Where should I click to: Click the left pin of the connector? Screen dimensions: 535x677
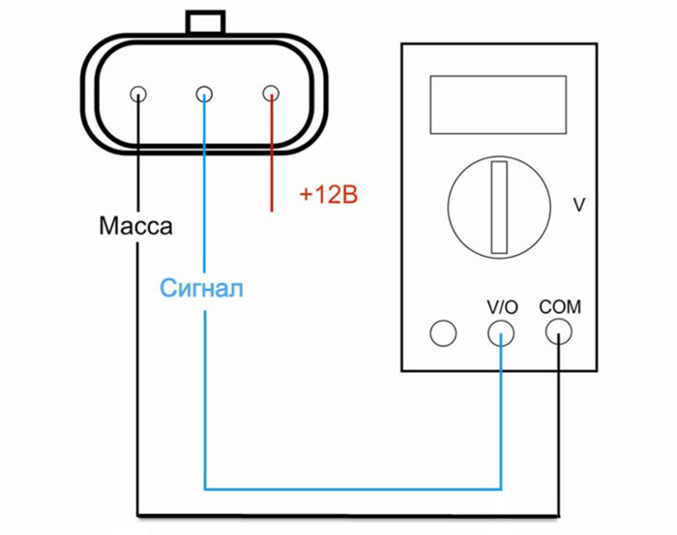pos(137,95)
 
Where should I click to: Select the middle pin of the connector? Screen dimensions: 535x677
pos(204,95)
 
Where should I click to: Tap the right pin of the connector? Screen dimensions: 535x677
pos(271,95)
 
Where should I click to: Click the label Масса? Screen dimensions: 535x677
pos(135,228)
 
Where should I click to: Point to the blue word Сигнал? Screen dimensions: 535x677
pos(202,287)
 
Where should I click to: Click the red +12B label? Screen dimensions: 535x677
pos(328,196)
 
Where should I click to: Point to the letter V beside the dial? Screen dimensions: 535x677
pos(579,205)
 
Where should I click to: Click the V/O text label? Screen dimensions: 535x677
pos(502,307)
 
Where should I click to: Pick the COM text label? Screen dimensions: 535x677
pos(560,307)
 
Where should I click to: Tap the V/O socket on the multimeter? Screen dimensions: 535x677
pos(501,334)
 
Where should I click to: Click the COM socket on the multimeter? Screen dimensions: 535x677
pos(559,334)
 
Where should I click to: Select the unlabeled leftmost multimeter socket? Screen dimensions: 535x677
pos(442,334)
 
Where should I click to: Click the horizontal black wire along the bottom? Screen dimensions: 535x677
pos(348,512)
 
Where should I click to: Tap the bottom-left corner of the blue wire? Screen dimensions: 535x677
pos(205,488)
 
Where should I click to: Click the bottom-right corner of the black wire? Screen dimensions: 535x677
pos(559,512)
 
